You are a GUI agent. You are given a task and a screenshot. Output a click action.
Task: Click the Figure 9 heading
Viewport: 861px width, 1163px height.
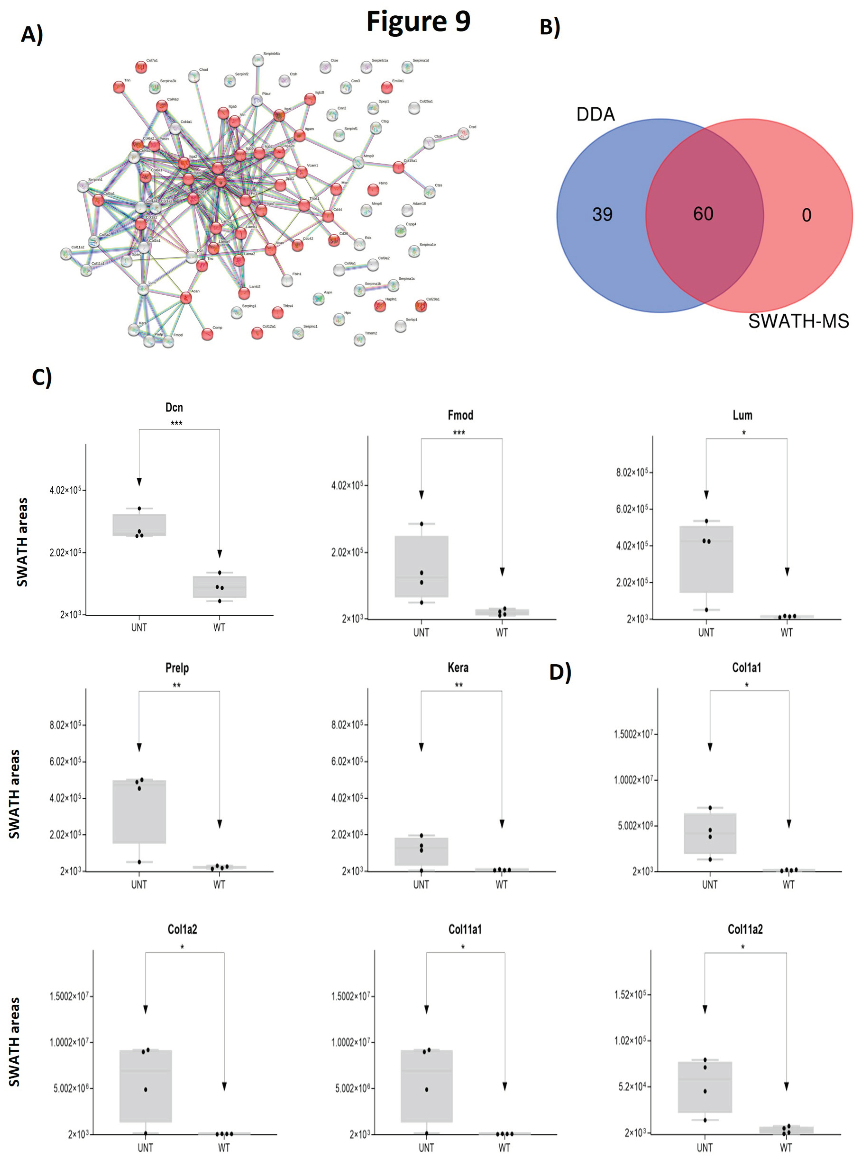click(x=418, y=22)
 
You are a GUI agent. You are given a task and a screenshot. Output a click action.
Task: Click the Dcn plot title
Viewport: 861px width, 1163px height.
click(x=174, y=407)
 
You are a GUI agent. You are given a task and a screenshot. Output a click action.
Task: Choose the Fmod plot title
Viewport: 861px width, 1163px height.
click(x=460, y=415)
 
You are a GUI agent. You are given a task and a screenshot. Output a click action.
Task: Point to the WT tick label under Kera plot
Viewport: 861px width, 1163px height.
click(x=501, y=885)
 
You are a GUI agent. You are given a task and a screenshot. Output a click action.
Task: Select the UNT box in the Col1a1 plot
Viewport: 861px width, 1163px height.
click(x=710, y=833)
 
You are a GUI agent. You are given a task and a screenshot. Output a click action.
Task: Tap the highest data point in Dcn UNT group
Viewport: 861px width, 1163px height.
click(x=139, y=508)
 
